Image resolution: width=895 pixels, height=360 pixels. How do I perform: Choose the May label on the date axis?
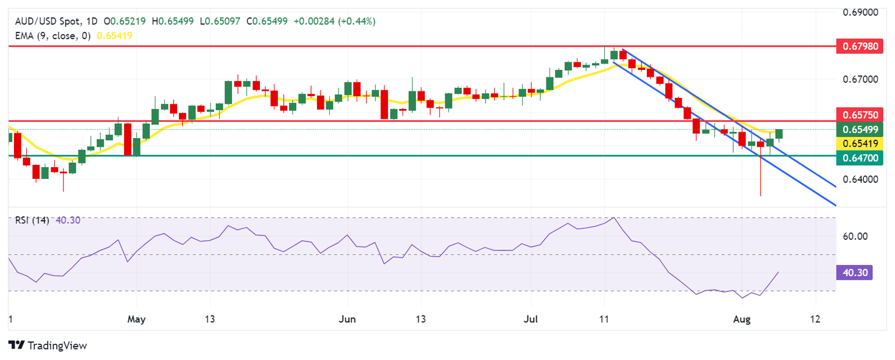[x=136, y=319]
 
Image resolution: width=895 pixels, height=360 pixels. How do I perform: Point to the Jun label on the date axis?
[x=347, y=319]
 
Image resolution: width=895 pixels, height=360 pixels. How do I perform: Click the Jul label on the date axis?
[x=530, y=319]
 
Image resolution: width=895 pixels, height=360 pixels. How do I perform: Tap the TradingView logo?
[x=48, y=345]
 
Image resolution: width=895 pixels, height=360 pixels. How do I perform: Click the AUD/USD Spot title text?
[x=44, y=22]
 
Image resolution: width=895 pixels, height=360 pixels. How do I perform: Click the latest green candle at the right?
[x=779, y=134]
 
